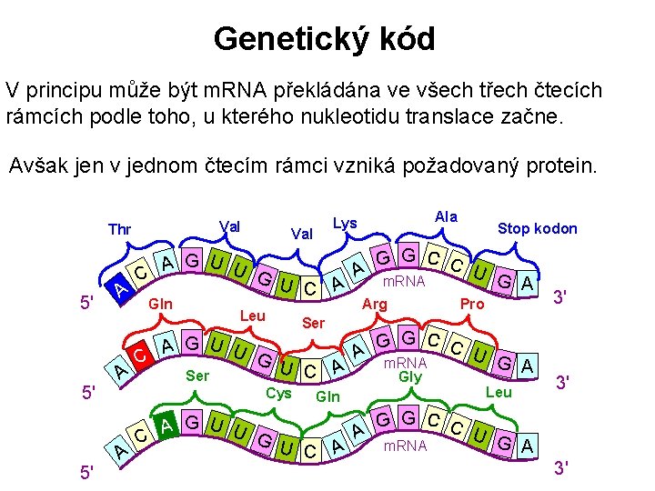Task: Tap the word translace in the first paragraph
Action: [468, 117]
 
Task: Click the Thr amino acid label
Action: [119, 228]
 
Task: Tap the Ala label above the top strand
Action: [446, 216]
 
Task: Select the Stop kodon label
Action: [537, 228]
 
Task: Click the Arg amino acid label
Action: [375, 304]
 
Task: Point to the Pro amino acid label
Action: [472, 304]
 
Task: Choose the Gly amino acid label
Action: [410, 375]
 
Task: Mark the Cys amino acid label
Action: [278, 393]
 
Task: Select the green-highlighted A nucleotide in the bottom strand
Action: [166, 424]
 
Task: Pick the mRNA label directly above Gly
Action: [406, 361]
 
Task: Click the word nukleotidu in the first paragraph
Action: [324, 117]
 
